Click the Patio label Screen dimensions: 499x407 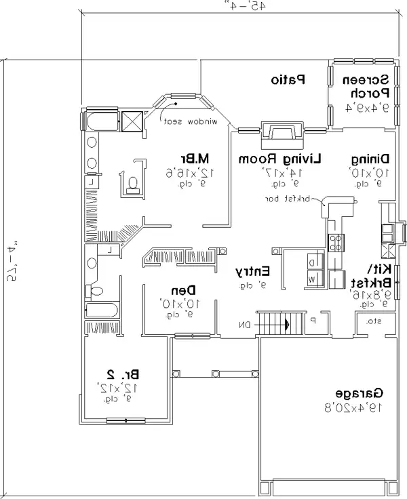click(x=288, y=80)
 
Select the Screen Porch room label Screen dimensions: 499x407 click(x=368, y=85)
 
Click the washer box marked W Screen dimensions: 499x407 click(x=312, y=279)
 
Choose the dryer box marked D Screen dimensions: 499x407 click(x=312, y=262)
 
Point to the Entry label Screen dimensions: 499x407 click(x=252, y=271)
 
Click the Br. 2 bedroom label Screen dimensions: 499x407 click(x=123, y=374)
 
